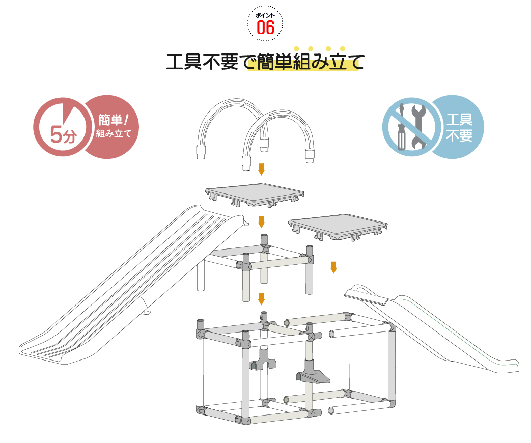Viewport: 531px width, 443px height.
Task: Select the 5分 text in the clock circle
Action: tap(62, 135)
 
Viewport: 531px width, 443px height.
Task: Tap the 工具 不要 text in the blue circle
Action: tap(459, 128)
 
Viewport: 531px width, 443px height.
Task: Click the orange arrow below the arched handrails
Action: tap(261, 169)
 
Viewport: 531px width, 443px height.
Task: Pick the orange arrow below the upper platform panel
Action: tap(261, 222)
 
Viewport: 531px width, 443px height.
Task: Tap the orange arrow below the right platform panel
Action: tap(333, 267)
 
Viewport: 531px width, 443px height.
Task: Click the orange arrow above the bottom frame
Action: tap(261, 298)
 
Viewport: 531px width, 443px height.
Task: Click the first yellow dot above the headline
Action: tap(296, 49)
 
